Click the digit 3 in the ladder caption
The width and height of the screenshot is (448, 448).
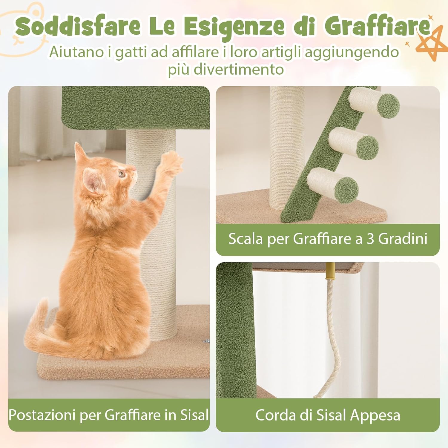coord(370,239)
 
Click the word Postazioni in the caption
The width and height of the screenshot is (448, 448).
coord(42,415)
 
